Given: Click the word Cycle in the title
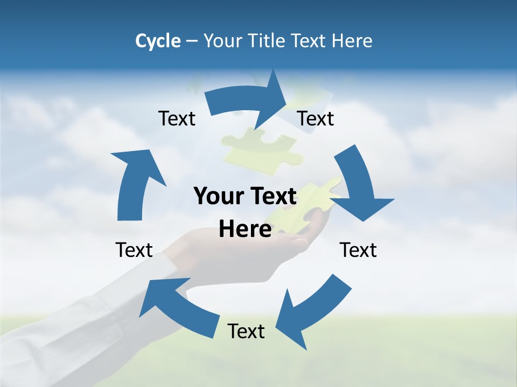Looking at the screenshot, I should [158, 41].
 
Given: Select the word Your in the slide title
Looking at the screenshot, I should [224, 41].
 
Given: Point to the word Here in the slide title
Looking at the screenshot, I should [352, 41].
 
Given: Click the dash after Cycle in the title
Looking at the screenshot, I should [192, 41].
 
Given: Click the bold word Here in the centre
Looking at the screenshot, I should [245, 229].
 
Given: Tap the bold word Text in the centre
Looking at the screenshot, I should [271, 197].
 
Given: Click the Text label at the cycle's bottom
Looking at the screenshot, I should [246, 332].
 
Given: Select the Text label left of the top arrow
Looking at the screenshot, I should [177, 119].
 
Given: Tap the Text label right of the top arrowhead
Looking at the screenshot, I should [316, 119].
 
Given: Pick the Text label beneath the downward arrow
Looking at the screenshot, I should [358, 250].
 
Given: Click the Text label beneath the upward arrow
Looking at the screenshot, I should [134, 250].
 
